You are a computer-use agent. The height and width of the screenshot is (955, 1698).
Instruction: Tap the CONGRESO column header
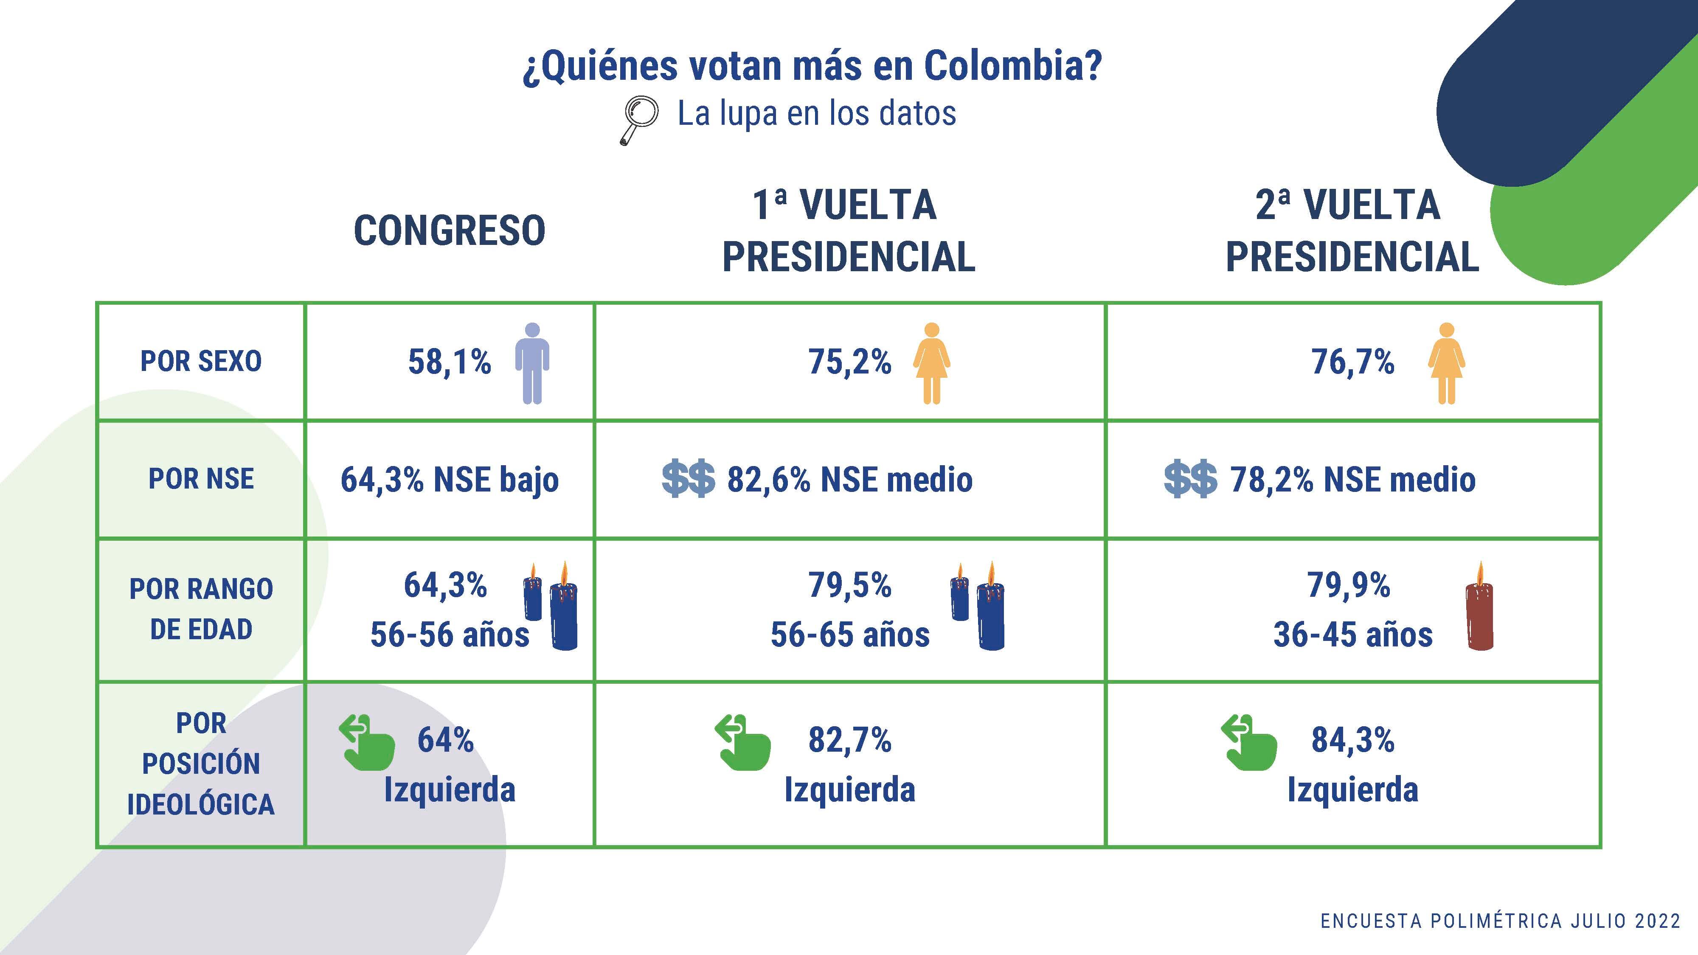(x=450, y=230)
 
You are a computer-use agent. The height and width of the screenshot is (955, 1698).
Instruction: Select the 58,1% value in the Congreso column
(x=450, y=362)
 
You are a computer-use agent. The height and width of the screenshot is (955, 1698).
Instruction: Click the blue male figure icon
(x=532, y=363)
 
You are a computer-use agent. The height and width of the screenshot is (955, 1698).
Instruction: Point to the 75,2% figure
(x=850, y=362)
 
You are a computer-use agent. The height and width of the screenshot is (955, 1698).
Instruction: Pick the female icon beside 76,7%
(x=1446, y=363)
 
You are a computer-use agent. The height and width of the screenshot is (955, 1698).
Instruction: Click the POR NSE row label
(x=201, y=478)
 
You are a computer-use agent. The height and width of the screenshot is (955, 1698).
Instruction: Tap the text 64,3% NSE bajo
(x=450, y=479)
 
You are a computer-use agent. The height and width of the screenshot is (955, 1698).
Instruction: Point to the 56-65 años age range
(x=850, y=635)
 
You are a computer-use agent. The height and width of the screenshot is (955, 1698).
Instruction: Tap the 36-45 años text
(x=1352, y=635)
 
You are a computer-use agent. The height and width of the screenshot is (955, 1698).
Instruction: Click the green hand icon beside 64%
(x=367, y=743)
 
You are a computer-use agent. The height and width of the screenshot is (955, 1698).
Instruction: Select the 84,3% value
(x=1352, y=739)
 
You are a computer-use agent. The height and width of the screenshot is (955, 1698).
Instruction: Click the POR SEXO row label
(x=201, y=361)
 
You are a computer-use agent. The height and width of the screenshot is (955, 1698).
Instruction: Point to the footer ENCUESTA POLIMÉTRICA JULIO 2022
(x=1500, y=921)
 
